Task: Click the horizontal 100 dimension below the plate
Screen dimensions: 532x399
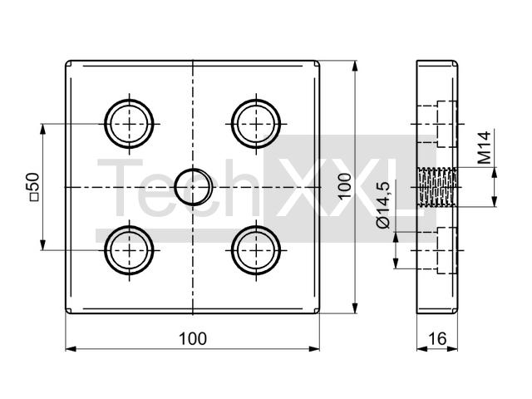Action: click(192, 339)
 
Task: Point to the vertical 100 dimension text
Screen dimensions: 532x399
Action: click(344, 187)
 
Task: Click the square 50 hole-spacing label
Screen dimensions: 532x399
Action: click(34, 187)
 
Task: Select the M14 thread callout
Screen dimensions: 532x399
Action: click(484, 148)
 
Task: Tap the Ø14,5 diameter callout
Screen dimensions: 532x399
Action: click(383, 205)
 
